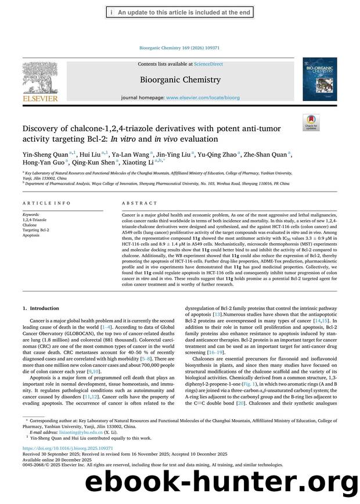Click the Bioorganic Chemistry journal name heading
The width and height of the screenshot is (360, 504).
[180, 80]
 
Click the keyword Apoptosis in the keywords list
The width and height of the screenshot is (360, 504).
[31, 235]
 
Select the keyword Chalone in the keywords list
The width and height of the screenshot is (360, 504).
[30, 225]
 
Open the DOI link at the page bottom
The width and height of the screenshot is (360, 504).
[59, 449]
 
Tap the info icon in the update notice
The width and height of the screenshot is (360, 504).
[111, 12]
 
